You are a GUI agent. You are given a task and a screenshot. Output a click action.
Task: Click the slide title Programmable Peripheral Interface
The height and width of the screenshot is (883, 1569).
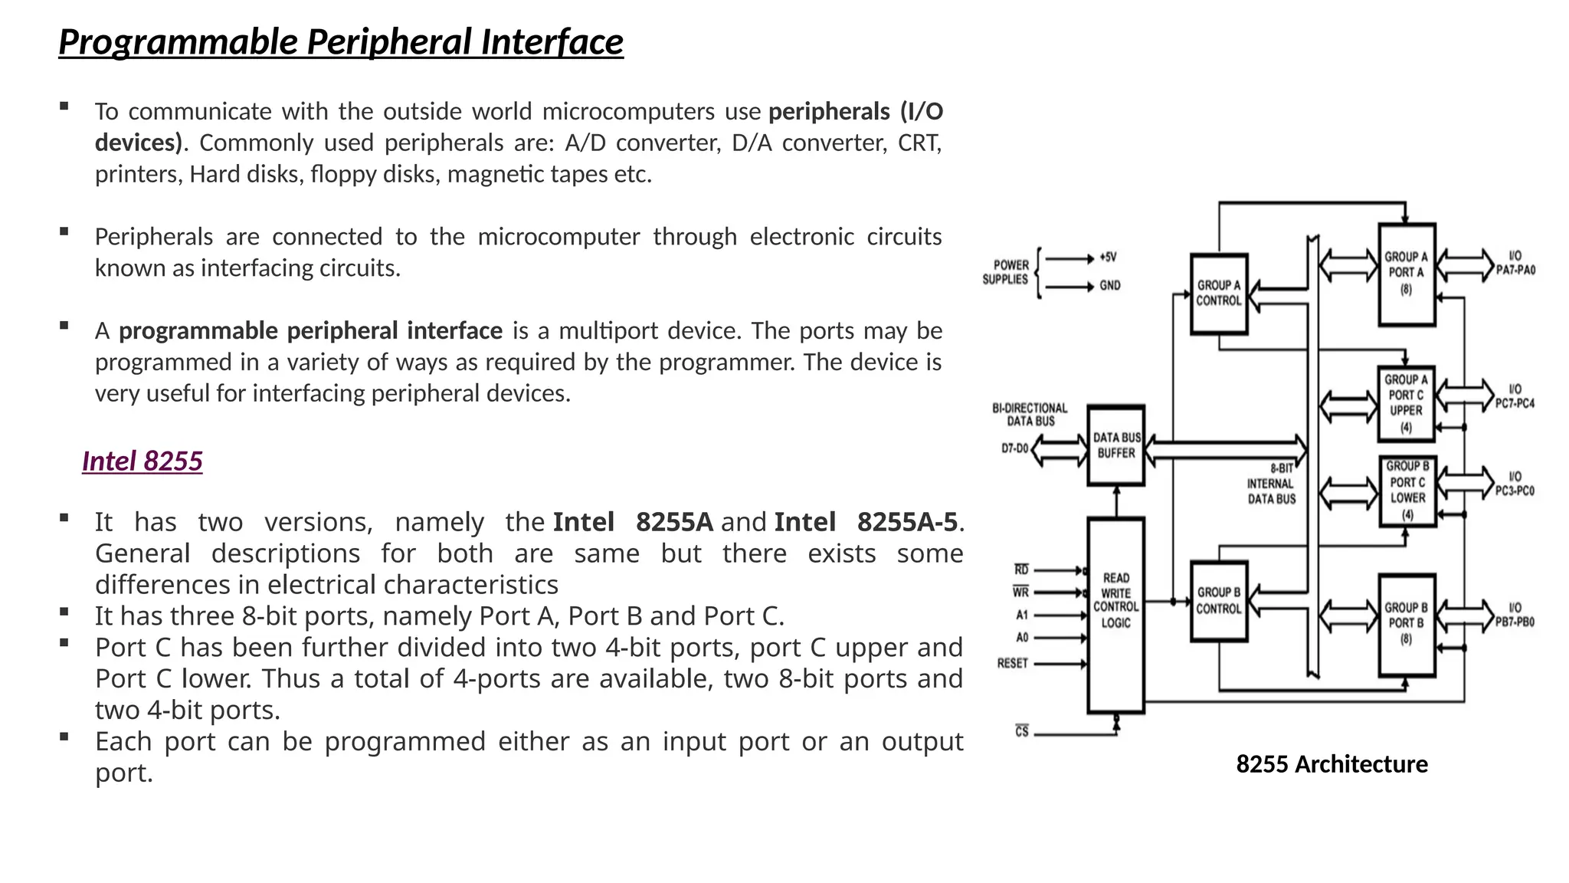point(341,42)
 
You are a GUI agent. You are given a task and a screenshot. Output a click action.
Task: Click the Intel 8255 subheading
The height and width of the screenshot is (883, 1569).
point(142,461)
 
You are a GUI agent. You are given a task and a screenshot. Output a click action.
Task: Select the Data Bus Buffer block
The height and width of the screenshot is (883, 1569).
point(1116,445)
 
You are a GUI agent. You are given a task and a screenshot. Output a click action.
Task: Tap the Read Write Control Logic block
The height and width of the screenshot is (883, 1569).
point(1115,601)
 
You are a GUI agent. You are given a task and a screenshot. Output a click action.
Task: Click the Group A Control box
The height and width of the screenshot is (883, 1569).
point(1218,294)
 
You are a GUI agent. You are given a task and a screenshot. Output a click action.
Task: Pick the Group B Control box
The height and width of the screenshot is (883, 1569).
point(1218,601)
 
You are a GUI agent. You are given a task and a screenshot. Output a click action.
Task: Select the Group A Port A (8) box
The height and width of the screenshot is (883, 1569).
point(1406,274)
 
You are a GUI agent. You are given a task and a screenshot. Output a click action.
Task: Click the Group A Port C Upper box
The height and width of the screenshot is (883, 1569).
point(1406,403)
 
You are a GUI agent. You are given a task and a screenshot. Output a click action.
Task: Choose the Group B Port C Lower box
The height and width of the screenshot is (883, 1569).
point(1407,491)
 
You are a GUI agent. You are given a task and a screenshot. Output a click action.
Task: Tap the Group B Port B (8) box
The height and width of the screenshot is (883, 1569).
point(1406,624)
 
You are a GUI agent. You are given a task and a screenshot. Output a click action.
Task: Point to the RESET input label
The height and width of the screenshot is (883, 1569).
point(1012,664)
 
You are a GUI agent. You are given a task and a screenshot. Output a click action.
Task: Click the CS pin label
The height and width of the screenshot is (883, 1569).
point(1022,732)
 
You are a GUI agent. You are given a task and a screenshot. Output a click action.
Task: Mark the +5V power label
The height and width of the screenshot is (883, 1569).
point(1108,258)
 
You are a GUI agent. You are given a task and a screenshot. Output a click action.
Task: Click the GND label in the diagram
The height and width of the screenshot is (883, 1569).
point(1110,286)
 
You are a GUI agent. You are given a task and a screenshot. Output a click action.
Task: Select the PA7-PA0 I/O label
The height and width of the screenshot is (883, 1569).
point(1515,264)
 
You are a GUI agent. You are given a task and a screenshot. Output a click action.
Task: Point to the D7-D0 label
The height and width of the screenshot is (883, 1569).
point(1014,448)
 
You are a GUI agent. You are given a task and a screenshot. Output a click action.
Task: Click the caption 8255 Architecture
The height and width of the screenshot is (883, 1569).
point(1332,765)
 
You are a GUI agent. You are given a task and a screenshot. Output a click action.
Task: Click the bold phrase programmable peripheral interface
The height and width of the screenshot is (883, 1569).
point(310,331)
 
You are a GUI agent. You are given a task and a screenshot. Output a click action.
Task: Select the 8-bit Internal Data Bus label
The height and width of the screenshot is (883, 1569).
point(1271,484)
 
